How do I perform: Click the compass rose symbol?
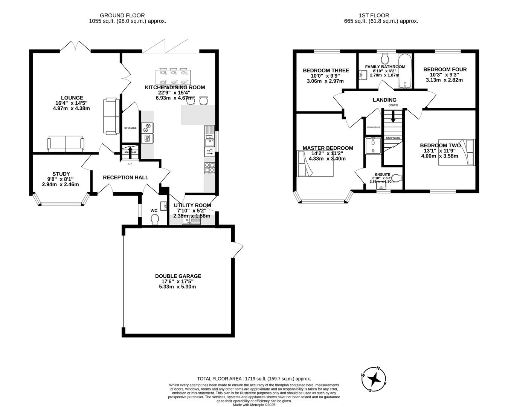pos(374,379)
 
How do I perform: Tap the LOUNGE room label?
pos(72,98)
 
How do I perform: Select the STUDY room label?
pos(61,174)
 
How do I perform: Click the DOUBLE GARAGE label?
pos(178,276)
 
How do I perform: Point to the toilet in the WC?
pos(155,219)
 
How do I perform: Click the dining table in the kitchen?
pos(173,77)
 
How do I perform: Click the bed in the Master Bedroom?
pos(315,164)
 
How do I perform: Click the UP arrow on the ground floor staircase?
pos(130,152)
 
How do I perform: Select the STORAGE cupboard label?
pos(130,128)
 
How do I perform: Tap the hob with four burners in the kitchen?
pos(209,167)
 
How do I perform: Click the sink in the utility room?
pos(191,221)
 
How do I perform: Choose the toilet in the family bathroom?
pos(385,58)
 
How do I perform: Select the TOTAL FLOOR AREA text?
pos(254,379)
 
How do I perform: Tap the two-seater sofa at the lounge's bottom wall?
pos(66,144)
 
